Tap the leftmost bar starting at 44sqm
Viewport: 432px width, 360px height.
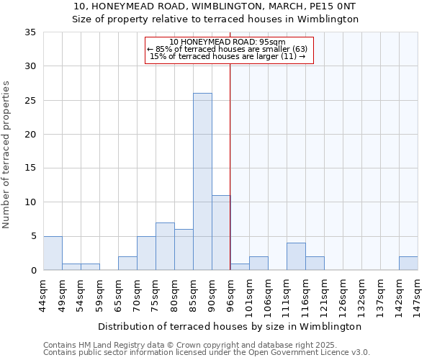tap(53, 253)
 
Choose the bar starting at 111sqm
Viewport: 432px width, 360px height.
tap(296, 256)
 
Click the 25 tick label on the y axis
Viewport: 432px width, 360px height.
tap(30, 100)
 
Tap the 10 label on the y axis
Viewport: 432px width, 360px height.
tap(30, 202)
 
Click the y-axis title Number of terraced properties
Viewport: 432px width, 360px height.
tap(7, 155)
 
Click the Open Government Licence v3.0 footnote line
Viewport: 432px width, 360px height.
tap(207, 352)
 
